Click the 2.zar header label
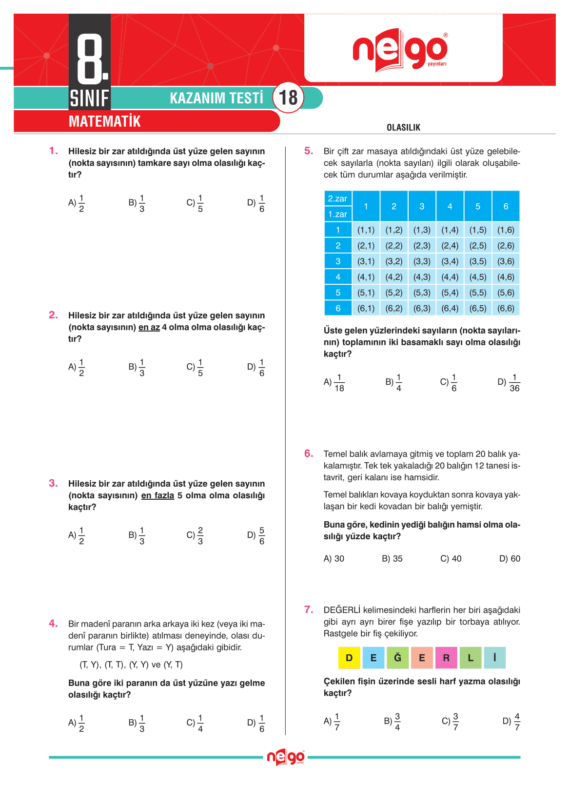click(337, 198)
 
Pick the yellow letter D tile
click(349, 658)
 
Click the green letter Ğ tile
click(397, 658)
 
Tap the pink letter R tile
click(446, 658)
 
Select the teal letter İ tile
click(494, 658)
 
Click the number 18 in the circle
click(288, 98)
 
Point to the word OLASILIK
click(403, 127)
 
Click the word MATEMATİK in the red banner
click(104, 121)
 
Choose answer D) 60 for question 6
click(510, 559)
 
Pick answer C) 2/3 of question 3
click(195, 535)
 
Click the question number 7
click(309, 609)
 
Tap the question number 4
click(53, 623)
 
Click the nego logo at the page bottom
click(286, 757)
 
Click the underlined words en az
click(149, 327)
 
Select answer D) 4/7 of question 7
click(511, 722)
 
